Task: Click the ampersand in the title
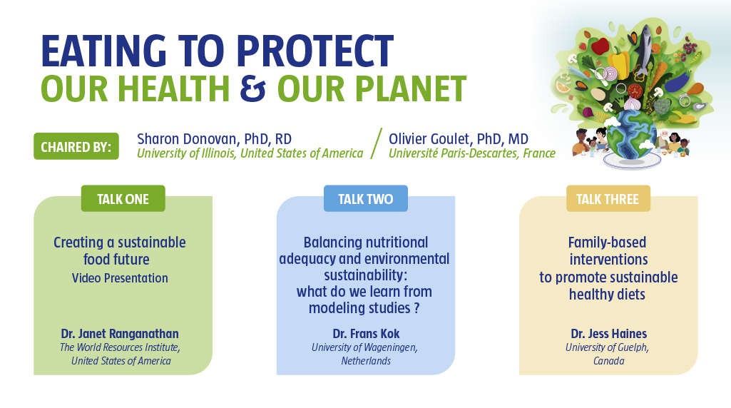coord(252,88)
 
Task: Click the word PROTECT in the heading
coord(315,51)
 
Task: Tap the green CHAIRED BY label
coord(76,146)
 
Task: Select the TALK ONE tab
coord(123,198)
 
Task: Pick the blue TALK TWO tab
coord(365,198)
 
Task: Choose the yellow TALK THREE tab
coord(608,198)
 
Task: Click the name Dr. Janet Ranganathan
coord(120,333)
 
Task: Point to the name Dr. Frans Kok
coord(366,333)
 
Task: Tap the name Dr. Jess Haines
coord(609,333)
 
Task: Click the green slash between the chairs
coord(377,143)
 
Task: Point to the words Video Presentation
coord(120,278)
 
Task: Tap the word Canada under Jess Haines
coord(608,360)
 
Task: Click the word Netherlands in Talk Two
coord(366,360)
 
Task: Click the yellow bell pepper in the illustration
coord(618,63)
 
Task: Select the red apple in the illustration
coord(600,46)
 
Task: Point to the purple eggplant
coord(677,81)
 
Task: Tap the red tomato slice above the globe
coord(635,90)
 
